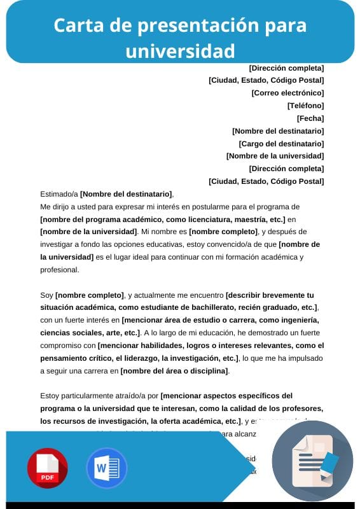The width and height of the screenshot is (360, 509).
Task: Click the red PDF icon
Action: click(x=47, y=468)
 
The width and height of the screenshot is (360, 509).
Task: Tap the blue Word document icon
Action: click(x=107, y=468)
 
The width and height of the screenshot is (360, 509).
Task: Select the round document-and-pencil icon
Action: click(x=312, y=461)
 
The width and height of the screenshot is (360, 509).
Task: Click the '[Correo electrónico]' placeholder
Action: click(x=287, y=93)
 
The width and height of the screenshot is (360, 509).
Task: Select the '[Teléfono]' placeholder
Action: click(x=305, y=106)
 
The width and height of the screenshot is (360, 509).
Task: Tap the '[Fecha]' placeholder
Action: click(x=310, y=118)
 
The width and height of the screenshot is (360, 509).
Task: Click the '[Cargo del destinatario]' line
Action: click(x=281, y=144)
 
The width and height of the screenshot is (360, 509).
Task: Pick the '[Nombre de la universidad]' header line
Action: click(x=275, y=156)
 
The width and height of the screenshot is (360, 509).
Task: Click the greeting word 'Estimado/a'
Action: click(x=59, y=194)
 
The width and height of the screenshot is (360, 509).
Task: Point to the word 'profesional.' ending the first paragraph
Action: click(x=60, y=269)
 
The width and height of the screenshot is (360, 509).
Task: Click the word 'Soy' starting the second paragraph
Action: click(x=46, y=295)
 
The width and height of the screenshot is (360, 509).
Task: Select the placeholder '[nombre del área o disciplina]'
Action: click(x=175, y=371)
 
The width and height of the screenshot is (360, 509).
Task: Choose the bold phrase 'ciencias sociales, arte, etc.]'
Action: click(x=89, y=333)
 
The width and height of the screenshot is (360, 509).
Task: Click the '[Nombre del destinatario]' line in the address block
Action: click(x=278, y=131)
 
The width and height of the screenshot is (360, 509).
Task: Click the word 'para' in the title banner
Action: click(x=287, y=25)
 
